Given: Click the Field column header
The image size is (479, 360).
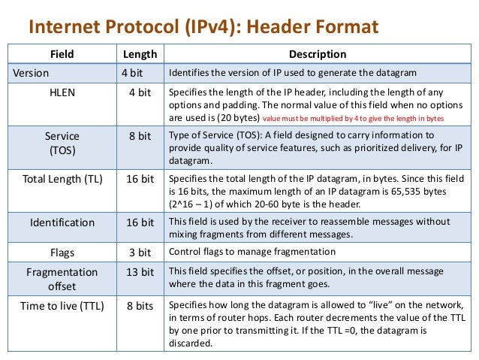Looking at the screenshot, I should pyautogui.click(x=62, y=54).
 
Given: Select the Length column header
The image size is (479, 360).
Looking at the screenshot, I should pyautogui.click(x=140, y=54).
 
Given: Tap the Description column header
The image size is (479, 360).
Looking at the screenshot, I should pyautogui.click(x=318, y=54).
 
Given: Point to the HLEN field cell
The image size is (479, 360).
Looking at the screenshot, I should pyautogui.click(x=62, y=92).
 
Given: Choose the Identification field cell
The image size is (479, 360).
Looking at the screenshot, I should pyautogui.click(x=62, y=222).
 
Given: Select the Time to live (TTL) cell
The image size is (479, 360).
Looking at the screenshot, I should pyautogui.click(x=62, y=306).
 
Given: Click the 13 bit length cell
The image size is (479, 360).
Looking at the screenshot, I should pyautogui.click(x=140, y=271).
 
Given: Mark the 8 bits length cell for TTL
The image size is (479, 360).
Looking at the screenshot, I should pyautogui.click(x=140, y=306).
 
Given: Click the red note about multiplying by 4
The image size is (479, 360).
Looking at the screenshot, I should pyautogui.click(x=354, y=119).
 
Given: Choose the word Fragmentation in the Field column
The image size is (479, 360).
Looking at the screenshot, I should pyautogui.click(x=62, y=271).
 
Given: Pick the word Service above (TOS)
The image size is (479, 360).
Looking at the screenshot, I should pyautogui.click(x=62, y=136).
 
